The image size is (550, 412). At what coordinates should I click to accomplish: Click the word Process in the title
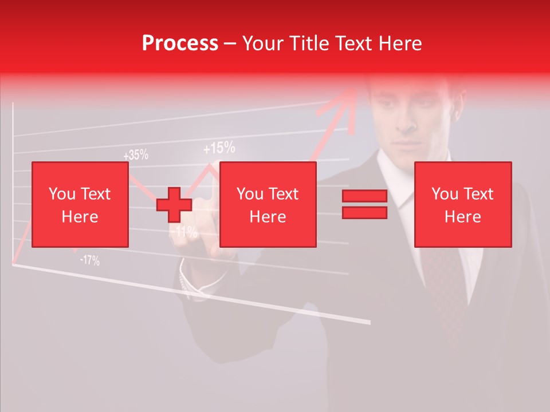tap(180, 43)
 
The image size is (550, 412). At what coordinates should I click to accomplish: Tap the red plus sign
tap(174, 204)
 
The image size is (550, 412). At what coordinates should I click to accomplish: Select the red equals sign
tap(364, 204)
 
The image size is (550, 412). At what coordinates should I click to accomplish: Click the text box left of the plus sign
tap(80, 204)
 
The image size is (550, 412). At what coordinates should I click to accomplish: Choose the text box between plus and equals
tap(268, 204)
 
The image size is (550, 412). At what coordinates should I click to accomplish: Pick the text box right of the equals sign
tap(462, 204)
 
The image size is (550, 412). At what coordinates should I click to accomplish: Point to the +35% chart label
tap(136, 154)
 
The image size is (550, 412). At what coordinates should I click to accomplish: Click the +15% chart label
tap(219, 149)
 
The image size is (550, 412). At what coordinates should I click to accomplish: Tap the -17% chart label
tap(89, 261)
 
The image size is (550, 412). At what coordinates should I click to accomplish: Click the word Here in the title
tap(399, 43)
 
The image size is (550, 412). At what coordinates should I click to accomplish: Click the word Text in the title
tap(353, 43)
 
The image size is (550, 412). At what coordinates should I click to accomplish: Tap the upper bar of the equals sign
tap(364, 196)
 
